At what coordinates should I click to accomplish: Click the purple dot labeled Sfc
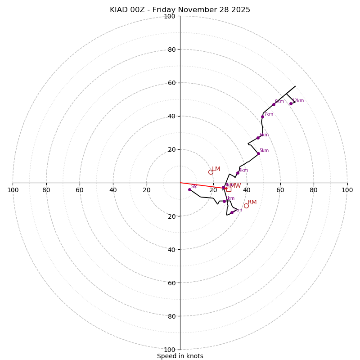(x=189, y=189)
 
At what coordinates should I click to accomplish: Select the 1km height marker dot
(x=224, y=201)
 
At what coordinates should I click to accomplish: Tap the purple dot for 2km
(x=232, y=212)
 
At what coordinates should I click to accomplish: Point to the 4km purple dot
(x=238, y=173)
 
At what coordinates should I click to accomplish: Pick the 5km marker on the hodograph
(x=258, y=153)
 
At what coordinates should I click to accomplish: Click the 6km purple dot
(x=258, y=138)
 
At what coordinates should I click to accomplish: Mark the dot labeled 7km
(x=262, y=117)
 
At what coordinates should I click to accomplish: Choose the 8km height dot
(x=274, y=104)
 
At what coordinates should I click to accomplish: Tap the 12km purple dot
(x=291, y=103)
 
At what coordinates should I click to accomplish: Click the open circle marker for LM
(x=211, y=172)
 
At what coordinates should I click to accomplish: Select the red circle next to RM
(x=246, y=206)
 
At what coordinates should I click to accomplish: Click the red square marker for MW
(x=229, y=189)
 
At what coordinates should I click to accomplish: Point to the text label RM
(x=252, y=202)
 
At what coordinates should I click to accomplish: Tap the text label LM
(x=216, y=169)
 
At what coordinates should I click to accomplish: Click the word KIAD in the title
(x=118, y=10)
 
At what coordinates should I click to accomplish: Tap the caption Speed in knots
(x=180, y=356)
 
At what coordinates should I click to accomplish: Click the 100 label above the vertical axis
(x=170, y=16)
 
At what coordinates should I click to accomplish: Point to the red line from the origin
(x=202, y=185)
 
